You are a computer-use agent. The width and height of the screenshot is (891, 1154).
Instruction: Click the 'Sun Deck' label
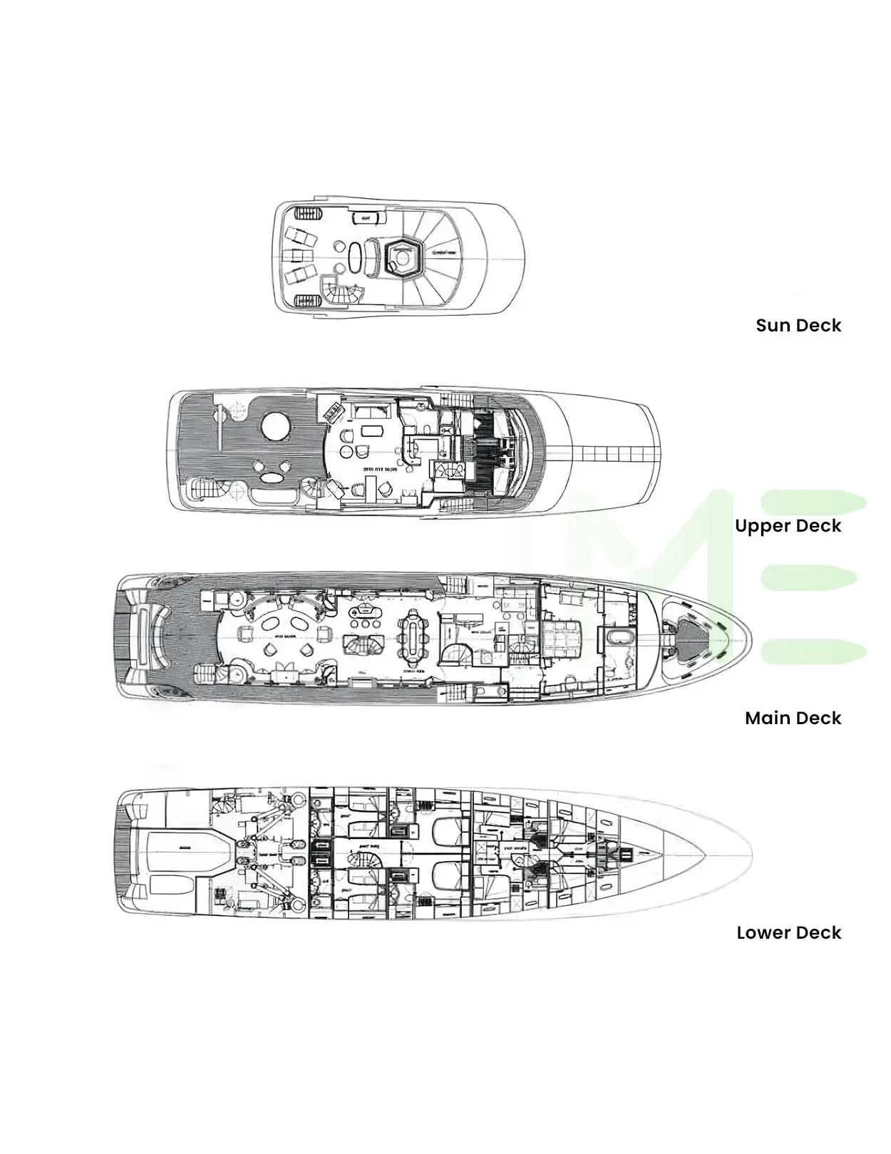point(798,326)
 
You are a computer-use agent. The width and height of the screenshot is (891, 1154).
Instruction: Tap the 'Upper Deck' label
point(788,526)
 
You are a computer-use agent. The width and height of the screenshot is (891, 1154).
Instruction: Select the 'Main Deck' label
point(793,718)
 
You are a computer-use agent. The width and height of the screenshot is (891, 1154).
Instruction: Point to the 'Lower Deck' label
point(788,933)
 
